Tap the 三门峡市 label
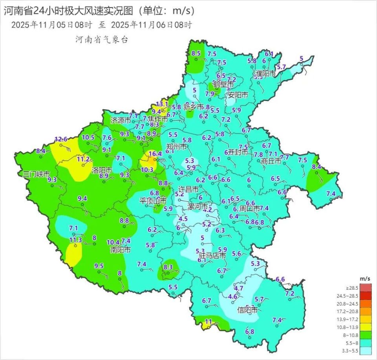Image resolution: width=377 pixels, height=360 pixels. click(36, 173)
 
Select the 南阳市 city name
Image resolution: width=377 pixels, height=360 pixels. click(120, 249)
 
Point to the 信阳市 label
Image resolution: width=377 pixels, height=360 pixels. click(248, 310)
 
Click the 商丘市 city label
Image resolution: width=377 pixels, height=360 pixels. click(271, 161)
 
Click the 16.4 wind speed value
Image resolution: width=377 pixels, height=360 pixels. click(155, 154)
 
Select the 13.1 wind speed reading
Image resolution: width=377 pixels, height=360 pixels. click(162, 104)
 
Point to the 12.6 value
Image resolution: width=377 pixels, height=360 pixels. click(61, 139)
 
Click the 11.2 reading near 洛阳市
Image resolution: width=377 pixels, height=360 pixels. click(83, 159)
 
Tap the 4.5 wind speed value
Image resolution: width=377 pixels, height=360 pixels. click(183, 219)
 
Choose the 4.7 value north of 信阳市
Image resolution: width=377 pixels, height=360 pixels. click(239, 288)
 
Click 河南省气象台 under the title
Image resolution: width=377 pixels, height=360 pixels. click(101, 40)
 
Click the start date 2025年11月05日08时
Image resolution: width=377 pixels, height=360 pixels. click(51, 25)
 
